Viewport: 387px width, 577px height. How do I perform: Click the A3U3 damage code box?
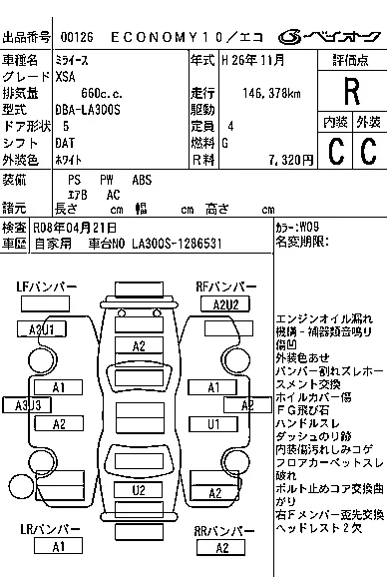pos(28,404)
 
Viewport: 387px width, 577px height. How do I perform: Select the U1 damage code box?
pos(213,422)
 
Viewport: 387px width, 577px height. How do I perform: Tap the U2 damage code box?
pos(139,489)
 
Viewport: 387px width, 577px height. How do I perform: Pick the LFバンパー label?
pos(47,288)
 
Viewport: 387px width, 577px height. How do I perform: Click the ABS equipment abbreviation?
pos(143,179)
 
